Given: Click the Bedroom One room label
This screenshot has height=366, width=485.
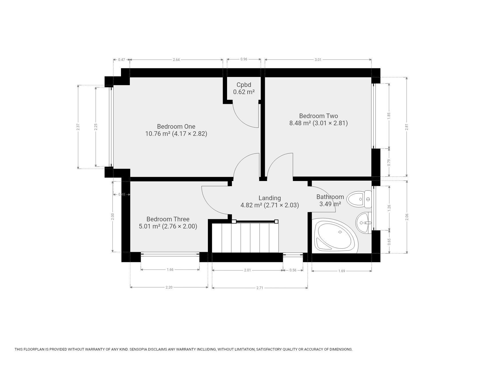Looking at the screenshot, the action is click(x=176, y=126).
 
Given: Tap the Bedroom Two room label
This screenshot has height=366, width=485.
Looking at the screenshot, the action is click(x=319, y=116).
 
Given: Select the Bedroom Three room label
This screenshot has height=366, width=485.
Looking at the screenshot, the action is click(x=168, y=219).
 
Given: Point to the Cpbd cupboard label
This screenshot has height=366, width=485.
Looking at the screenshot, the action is click(x=244, y=85).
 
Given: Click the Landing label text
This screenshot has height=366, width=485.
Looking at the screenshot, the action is click(x=270, y=198).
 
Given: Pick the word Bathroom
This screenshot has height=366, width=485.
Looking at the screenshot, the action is click(x=330, y=197).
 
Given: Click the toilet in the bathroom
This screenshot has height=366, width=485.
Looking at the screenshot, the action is click(x=359, y=199).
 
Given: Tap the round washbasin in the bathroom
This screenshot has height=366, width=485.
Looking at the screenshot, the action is click(x=363, y=223).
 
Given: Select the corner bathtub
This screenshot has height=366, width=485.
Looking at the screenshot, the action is click(x=336, y=236).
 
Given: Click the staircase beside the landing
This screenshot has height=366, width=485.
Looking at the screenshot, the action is click(x=245, y=237).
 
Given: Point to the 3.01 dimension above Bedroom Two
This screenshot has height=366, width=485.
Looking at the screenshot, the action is click(x=318, y=60).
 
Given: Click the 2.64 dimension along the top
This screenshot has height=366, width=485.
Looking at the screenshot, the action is click(x=176, y=60).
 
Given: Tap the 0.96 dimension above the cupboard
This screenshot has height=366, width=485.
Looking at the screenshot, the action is click(x=244, y=59).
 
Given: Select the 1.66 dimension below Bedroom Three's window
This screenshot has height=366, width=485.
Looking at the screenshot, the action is click(x=170, y=269).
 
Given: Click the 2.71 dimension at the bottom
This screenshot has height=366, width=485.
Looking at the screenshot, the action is click(x=260, y=288).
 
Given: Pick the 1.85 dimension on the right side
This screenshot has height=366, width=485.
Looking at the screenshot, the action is click(x=389, y=116).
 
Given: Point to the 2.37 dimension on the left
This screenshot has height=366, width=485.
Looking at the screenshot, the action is click(x=78, y=127).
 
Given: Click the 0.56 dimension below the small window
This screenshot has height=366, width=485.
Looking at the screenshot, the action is click(x=293, y=270).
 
